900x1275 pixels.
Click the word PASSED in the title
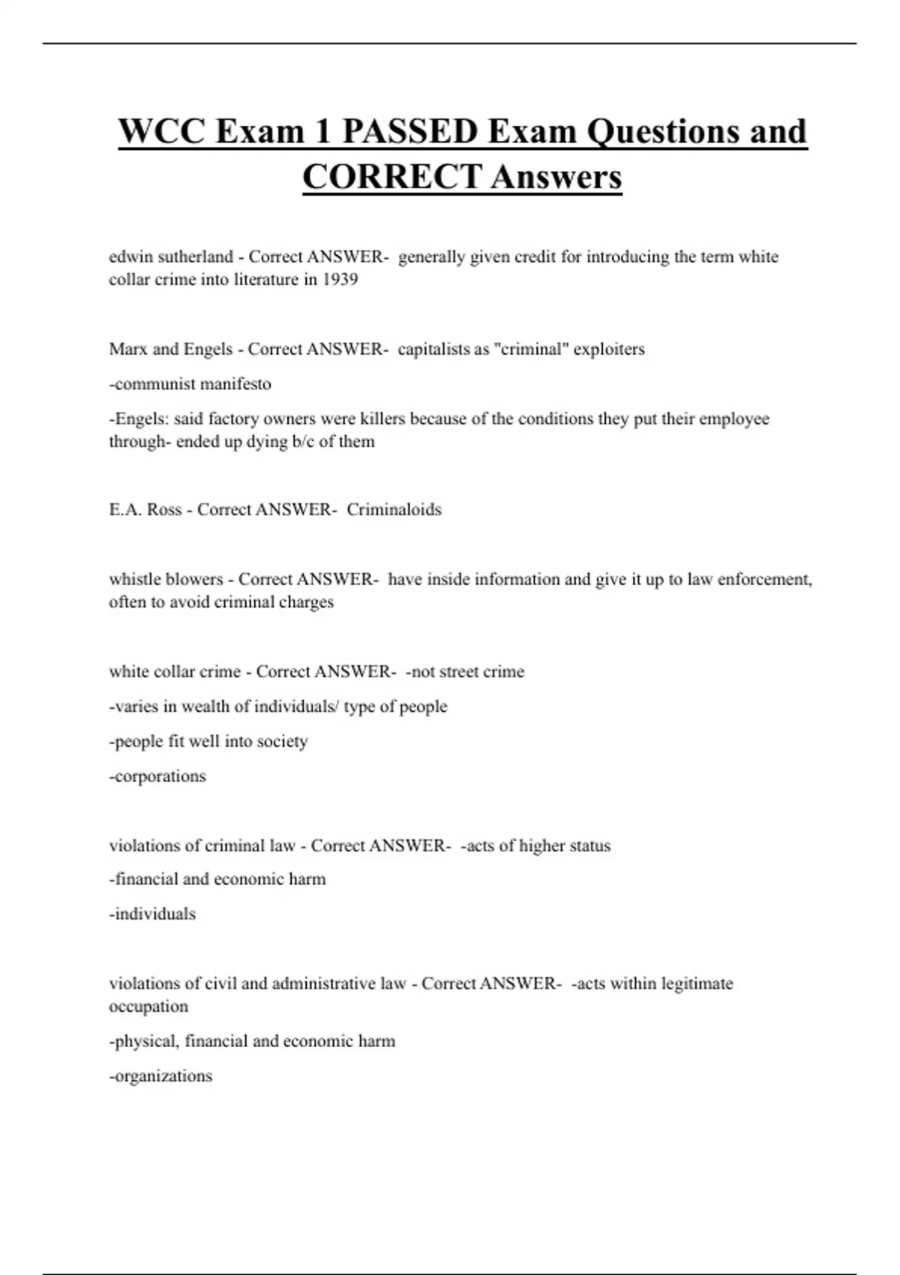click(x=409, y=132)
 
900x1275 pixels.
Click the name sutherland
click(x=196, y=257)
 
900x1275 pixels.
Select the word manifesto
click(x=235, y=384)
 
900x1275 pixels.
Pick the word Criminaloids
click(x=394, y=510)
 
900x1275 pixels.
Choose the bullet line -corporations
click(x=157, y=776)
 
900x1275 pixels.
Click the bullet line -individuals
click(x=152, y=914)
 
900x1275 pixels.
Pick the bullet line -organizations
click(x=160, y=1076)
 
